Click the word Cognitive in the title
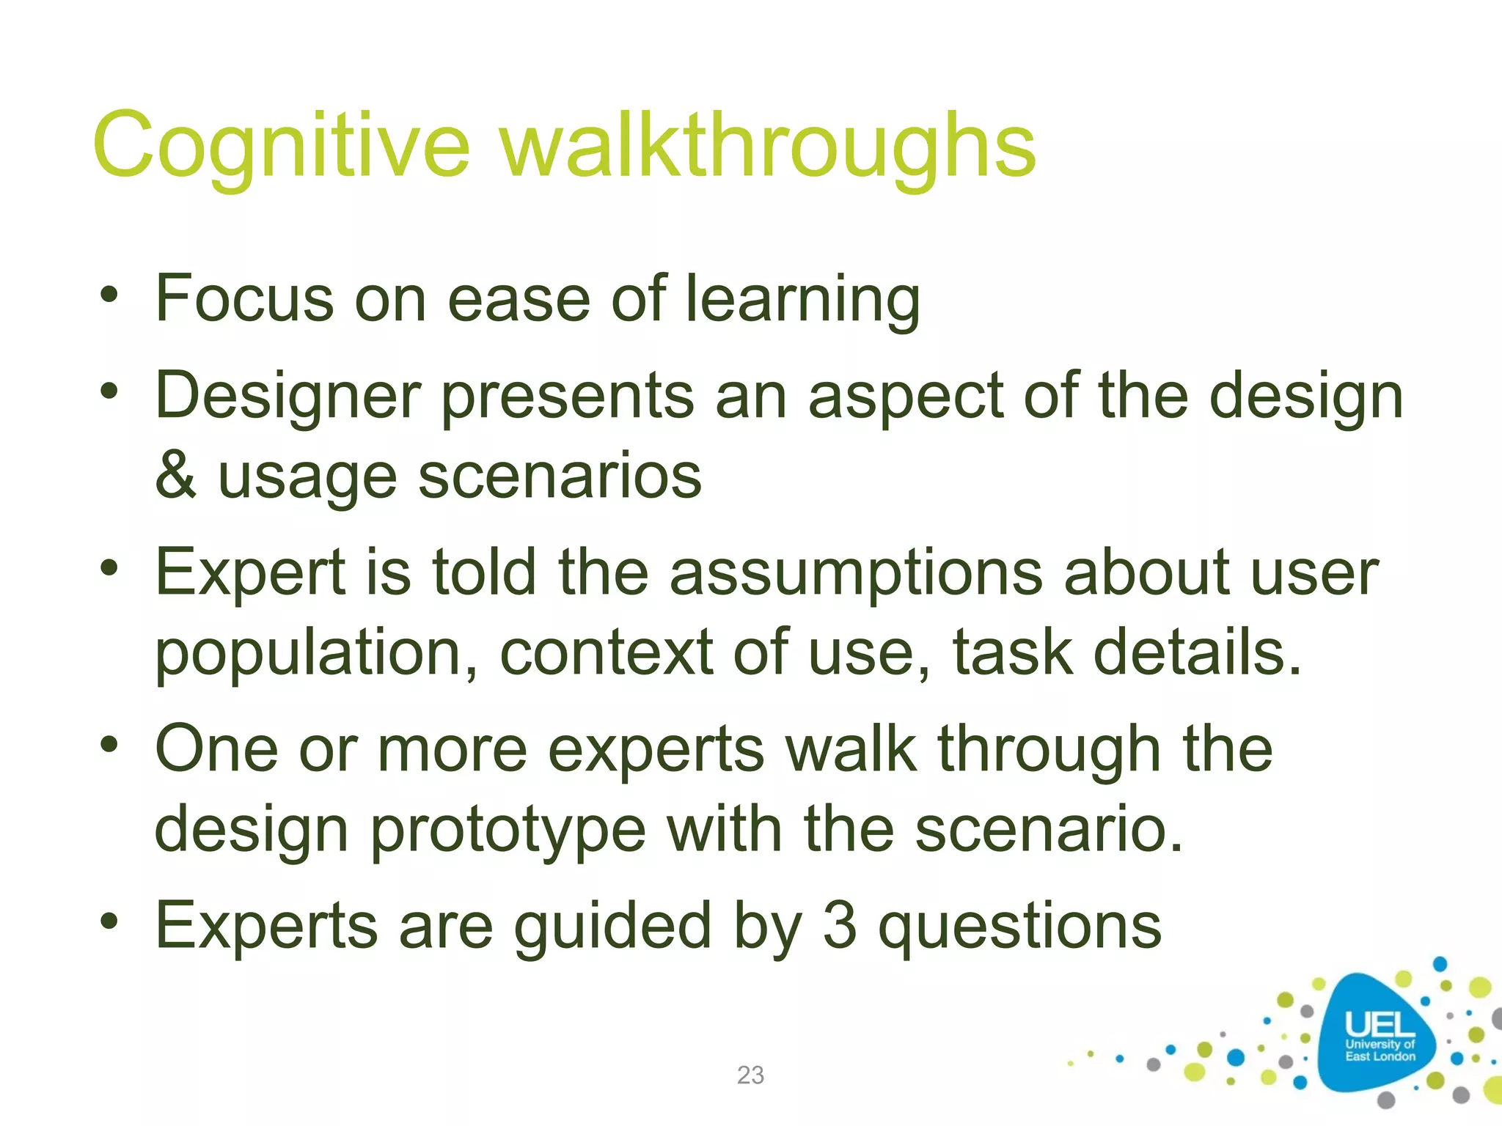(x=280, y=147)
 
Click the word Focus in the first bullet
(x=245, y=298)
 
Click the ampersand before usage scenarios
(x=176, y=476)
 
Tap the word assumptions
(x=855, y=573)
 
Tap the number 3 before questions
(x=840, y=926)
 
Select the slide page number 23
(x=750, y=1075)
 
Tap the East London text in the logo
(x=1380, y=1056)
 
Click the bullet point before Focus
(x=109, y=296)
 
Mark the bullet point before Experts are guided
(x=109, y=922)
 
